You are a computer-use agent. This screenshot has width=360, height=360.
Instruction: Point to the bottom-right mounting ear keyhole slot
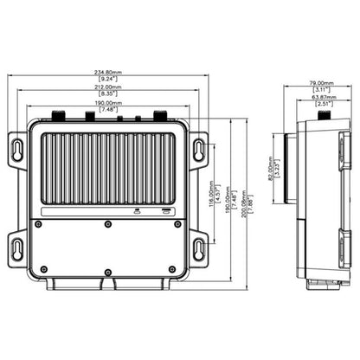(x=198, y=249)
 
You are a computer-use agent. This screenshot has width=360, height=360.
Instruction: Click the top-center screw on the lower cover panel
(x=107, y=224)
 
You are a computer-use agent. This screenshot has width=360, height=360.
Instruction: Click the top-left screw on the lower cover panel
(x=38, y=224)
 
